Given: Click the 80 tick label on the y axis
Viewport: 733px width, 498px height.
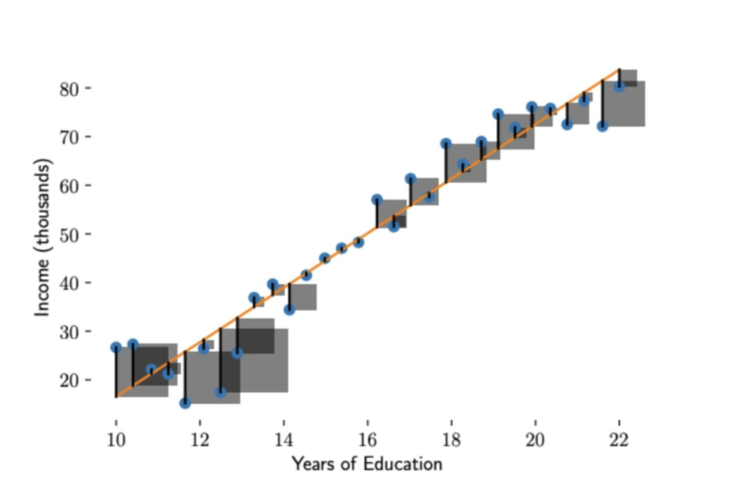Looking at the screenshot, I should pos(69,88).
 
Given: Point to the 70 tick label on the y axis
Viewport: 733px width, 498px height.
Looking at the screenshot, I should pos(69,137).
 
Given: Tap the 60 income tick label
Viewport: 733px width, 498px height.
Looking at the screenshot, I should pos(69,185).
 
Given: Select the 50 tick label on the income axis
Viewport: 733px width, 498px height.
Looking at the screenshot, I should pos(69,234).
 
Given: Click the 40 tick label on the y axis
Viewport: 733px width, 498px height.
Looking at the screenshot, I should pos(69,283).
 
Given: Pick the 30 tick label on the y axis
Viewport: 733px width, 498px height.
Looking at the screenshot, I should pos(69,331).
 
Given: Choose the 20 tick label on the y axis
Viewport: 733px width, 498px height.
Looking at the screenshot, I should pos(69,380).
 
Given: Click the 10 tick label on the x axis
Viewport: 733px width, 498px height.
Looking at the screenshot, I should pos(116,440).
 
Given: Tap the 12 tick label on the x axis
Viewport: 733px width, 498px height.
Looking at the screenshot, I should pos(200,440).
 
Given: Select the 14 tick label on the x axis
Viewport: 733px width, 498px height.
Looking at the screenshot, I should pos(283,440).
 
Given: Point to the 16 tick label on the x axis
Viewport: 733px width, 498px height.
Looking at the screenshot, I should pos(367,440).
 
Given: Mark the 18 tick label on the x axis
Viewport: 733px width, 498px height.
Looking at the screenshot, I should pos(451,440).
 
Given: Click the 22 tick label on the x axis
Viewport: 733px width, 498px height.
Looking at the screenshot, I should pos(619,440).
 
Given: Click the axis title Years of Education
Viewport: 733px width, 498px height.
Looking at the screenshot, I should pos(366,464).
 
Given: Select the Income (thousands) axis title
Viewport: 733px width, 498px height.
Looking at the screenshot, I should pos(44,238).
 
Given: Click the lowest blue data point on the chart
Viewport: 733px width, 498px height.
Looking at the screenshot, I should pos(185,403).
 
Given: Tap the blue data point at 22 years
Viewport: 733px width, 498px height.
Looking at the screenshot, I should pos(619,87).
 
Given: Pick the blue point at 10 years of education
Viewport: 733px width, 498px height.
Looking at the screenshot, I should pos(116,347).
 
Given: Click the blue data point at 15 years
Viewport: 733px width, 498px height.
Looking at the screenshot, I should pos(325,258).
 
